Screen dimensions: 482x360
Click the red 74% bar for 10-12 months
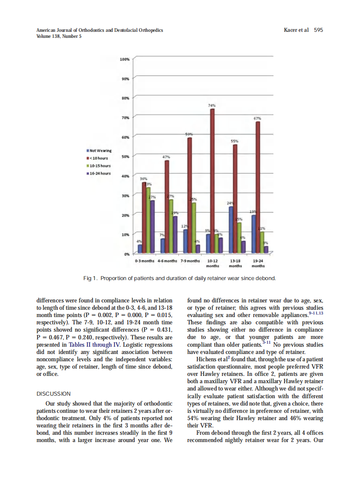212,180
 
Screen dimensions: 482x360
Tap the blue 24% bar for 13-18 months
231,229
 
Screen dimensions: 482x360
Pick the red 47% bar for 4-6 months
167,206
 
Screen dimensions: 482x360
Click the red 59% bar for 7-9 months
189,195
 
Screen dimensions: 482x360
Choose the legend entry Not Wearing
99,150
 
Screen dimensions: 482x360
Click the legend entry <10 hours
98,158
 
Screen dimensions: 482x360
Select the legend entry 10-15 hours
99,165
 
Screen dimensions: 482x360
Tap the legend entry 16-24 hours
99,173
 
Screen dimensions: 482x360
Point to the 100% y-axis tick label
125,59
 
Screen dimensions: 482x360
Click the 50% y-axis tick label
125,156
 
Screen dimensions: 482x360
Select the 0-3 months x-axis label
144,261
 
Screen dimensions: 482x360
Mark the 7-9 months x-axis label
190,261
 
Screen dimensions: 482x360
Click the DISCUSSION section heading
54,394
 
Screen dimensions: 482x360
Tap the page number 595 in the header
318,30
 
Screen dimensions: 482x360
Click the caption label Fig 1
89,278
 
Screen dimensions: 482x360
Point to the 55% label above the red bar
235,141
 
